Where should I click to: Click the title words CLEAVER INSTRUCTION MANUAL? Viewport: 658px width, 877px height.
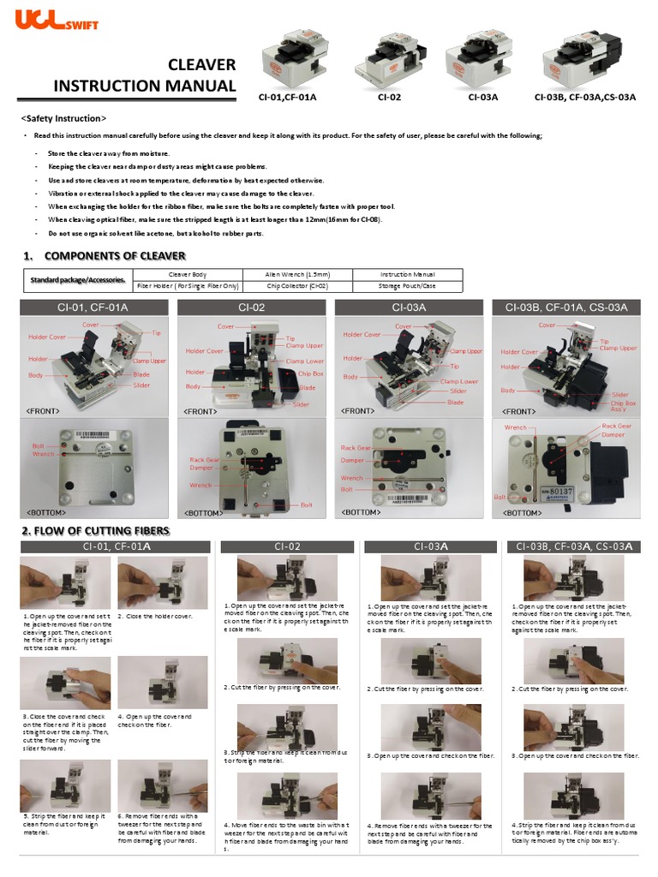[x=144, y=75]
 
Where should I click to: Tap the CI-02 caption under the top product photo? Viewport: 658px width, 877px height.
[x=389, y=97]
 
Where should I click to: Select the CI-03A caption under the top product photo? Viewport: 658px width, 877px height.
[x=483, y=97]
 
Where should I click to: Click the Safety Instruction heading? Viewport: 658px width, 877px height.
[x=63, y=118]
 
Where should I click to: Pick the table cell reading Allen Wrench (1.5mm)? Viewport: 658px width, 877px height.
[x=297, y=274]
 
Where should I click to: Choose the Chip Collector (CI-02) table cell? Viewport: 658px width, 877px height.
[x=297, y=286]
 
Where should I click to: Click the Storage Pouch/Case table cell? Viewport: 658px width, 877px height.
[x=406, y=286]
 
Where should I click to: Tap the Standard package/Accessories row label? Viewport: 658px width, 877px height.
[x=77, y=280]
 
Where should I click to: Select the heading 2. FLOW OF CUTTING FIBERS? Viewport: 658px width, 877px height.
[x=95, y=531]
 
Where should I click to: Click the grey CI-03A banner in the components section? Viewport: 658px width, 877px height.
[x=409, y=307]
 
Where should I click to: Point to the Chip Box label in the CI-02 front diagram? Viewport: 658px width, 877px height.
[x=310, y=373]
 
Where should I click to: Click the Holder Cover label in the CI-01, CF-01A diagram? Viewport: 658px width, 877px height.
[x=46, y=337]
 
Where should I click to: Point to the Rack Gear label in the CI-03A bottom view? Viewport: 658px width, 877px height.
[x=355, y=448]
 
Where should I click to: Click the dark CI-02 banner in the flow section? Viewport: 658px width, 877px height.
[x=287, y=546]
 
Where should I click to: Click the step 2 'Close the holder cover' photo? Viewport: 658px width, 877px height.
[x=162, y=582]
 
